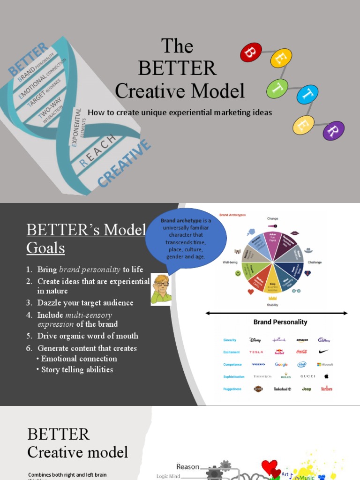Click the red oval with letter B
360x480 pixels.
(x=251, y=52)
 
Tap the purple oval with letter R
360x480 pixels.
(x=334, y=131)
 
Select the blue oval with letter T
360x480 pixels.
(x=307, y=95)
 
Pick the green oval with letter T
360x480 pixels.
(x=277, y=89)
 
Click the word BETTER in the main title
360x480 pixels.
(x=178, y=68)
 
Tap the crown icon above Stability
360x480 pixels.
(x=272, y=298)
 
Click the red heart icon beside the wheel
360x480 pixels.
(x=251, y=292)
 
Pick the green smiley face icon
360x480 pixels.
(x=238, y=273)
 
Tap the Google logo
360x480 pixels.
(x=281, y=364)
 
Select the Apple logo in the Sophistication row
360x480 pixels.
(x=327, y=376)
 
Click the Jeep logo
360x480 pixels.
(x=307, y=389)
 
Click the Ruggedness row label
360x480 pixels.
(x=232, y=389)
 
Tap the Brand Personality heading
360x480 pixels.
(x=280, y=322)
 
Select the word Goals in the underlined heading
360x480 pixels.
(x=45, y=247)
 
